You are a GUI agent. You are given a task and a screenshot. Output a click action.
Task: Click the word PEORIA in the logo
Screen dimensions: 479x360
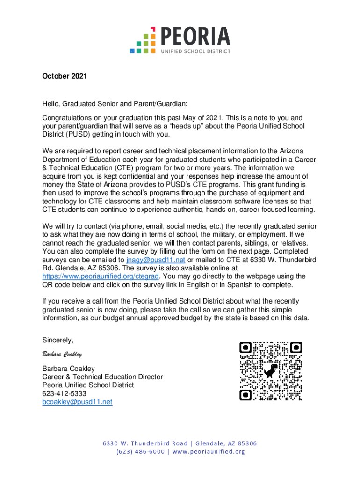pyautogui.click(x=195, y=36)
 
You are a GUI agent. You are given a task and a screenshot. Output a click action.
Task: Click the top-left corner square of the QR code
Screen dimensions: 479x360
pyautogui.click(x=245, y=348)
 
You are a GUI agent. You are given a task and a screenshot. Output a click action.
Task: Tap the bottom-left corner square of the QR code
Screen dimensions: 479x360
pyautogui.click(x=245, y=395)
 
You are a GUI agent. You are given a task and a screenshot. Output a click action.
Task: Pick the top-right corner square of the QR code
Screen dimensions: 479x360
pyautogui.click(x=296, y=348)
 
